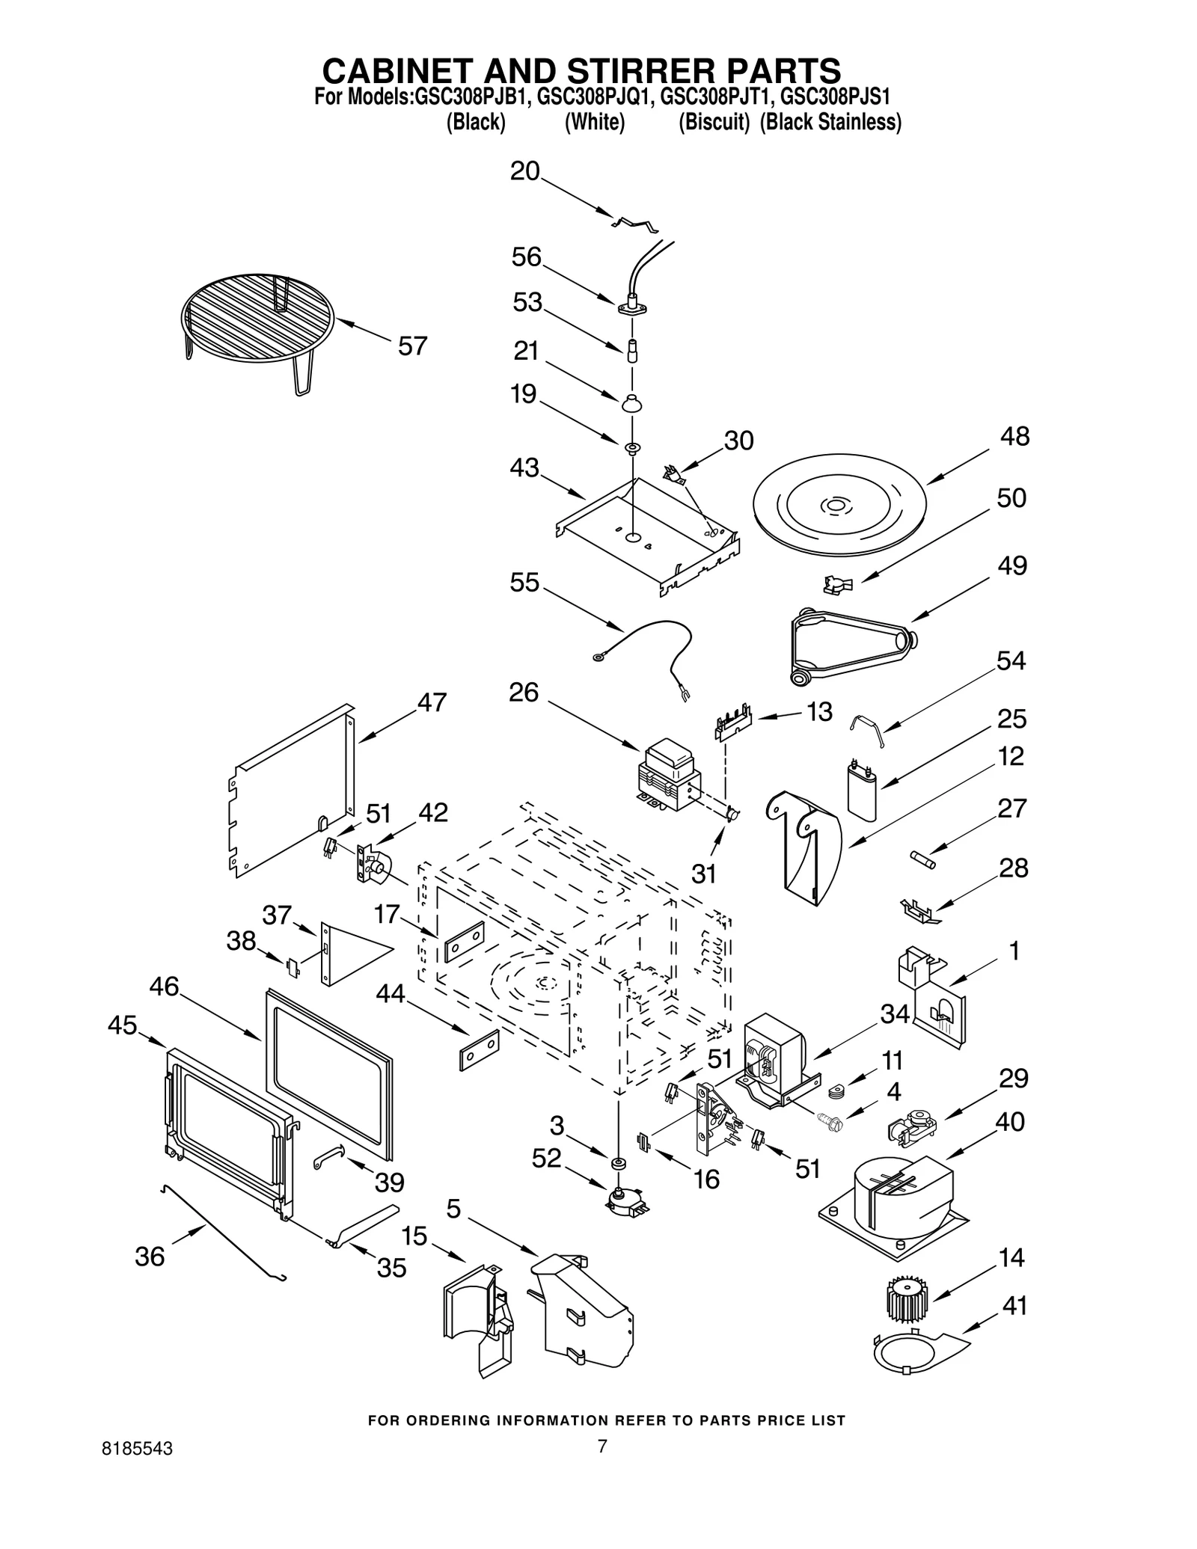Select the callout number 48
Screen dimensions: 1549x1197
coord(1014,437)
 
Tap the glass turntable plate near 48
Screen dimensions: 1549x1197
coord(839,506)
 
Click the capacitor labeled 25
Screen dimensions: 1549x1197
coord(861,790)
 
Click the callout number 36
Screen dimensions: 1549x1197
coord(150,1257)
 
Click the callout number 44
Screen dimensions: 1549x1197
coord(391,994)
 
